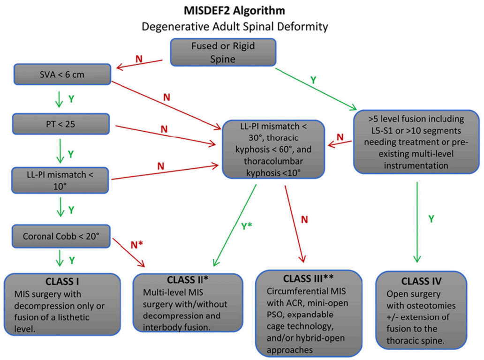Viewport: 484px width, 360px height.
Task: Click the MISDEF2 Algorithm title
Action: click(234, 10)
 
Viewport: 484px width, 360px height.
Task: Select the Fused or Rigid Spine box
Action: click(223, 52)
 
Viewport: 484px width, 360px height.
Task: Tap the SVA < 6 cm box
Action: click(62, 75)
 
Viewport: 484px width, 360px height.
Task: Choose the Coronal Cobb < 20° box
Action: click(61, 236)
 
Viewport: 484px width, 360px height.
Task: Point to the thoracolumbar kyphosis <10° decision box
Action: click(273, 149)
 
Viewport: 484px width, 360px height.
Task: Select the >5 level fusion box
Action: click(416, 142)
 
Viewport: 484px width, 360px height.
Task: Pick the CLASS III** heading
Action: click(309, 277)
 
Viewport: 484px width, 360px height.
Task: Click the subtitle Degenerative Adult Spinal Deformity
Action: click(234, 26)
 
